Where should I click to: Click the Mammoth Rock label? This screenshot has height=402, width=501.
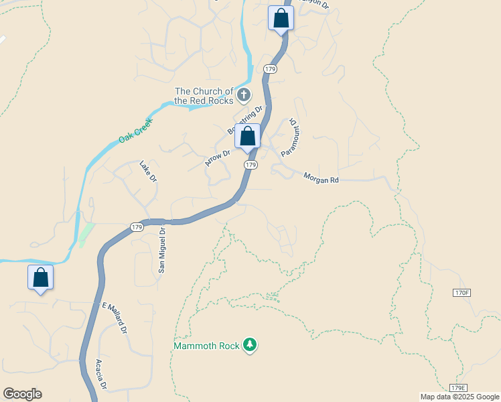point(206,346)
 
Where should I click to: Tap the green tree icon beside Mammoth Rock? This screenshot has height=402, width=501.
point(250,345)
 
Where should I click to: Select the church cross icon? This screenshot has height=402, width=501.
point(244,95)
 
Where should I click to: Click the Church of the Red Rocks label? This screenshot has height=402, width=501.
point(204,96)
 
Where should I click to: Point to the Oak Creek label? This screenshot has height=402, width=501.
point(135,129)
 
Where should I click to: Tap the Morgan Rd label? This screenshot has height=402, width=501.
point(321,178)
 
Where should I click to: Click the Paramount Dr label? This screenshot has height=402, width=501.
point(289,137)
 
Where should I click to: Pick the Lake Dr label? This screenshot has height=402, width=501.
point(147,171)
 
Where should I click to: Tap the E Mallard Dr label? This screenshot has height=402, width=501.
point(115,319)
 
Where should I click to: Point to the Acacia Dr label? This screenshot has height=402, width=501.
point(101,374)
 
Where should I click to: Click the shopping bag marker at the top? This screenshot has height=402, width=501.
point(281,18)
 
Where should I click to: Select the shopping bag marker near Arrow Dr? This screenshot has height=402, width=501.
point(247,136)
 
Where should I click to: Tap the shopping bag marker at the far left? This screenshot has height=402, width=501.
point(40,277)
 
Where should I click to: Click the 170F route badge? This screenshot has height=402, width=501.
point(462,293)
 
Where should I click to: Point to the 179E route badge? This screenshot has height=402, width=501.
point(458,388)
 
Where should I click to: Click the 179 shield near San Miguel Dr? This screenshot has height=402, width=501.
point(137,227)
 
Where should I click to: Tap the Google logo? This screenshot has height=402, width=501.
point(22,394)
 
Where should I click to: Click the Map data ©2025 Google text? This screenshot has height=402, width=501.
point(459,397)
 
